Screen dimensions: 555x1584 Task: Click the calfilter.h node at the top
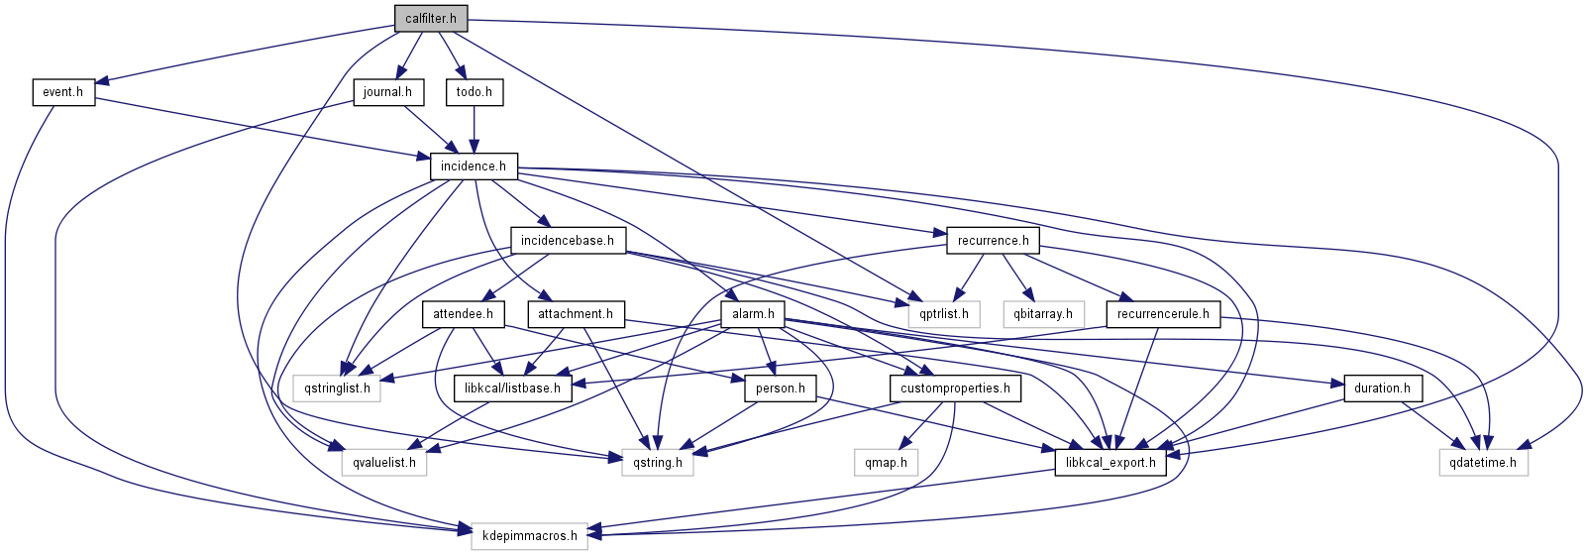431,18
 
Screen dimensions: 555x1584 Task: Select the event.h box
63,92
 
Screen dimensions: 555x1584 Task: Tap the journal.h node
387,92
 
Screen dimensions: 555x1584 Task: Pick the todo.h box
475,92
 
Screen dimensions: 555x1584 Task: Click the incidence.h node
474,166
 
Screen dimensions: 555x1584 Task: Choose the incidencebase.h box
568,240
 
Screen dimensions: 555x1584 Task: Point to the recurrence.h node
993,240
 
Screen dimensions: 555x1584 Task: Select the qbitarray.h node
1043,314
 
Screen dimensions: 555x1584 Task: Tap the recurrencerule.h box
1163,314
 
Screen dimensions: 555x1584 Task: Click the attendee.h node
463,314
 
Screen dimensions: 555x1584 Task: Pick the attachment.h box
576,314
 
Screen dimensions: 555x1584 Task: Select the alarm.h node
753,314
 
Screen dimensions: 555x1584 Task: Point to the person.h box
780,388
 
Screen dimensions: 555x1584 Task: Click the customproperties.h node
955,388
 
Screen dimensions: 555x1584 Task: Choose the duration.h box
1382,388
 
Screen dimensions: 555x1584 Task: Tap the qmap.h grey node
886,462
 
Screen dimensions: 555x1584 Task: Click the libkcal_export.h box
1110,462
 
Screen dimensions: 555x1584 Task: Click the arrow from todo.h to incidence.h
475,129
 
